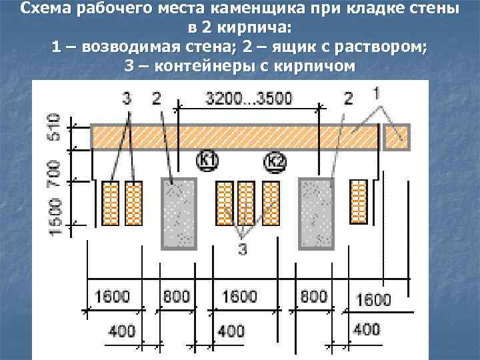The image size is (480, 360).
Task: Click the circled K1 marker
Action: tap(208, 160)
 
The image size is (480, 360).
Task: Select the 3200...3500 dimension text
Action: tap(249, 99)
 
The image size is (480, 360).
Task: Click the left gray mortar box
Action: tap(178, 212)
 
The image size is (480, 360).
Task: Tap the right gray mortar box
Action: tap(316, 212)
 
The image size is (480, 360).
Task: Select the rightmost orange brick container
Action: tap(358, 201)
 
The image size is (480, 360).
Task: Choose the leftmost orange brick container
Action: tap(110, 203)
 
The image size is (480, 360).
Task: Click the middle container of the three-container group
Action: tap(246, 203)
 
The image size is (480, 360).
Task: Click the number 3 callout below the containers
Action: tap(243, 249)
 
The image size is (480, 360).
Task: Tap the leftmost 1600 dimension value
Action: tap(113, 296)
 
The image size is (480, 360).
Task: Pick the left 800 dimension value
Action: tap(176, 296)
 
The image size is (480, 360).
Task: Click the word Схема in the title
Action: tap(45, 9)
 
